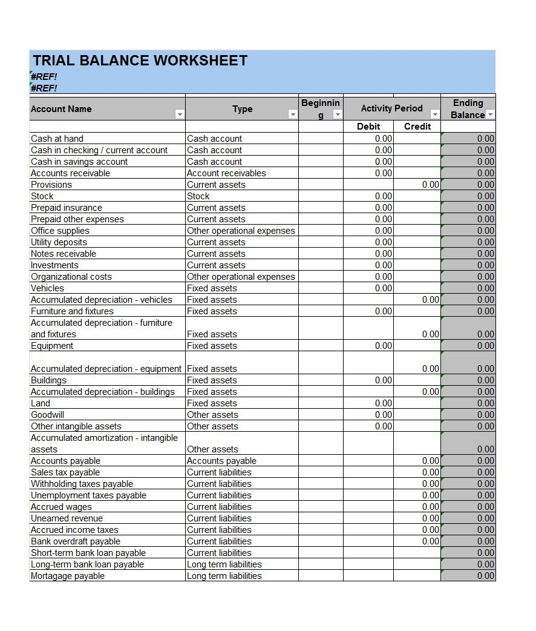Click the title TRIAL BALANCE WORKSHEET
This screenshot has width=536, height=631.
[140, 61]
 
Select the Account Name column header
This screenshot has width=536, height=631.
[61, 109]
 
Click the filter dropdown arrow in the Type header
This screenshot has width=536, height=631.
[293, 114]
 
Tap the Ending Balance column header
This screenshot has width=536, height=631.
[468, 108]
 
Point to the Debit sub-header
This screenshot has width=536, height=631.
[368, 127]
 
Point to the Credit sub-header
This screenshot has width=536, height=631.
[417, 127]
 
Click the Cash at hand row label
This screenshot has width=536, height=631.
[57, 139]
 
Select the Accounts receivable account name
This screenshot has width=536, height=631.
[70, 173]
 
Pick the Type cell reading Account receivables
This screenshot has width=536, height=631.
[226, 173]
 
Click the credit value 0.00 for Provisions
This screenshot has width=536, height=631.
[431, 185]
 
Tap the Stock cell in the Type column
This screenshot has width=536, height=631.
[198, 196]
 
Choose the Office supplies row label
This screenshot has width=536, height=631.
[60, 231]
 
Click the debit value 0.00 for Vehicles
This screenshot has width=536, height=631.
[384, 288]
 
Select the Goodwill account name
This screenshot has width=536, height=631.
[47, 415]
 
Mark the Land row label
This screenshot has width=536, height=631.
[41, 403]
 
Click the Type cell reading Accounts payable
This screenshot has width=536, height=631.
[221, 461]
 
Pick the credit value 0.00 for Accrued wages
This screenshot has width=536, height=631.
[431, 507]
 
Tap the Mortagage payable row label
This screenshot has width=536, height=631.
[68, 576]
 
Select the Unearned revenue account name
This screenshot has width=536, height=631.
[67, 518]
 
